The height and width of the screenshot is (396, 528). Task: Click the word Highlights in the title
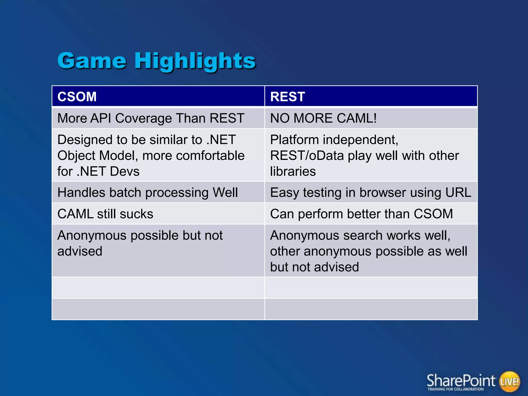click(x=195, y=61)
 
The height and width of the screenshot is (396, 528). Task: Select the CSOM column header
click(x=77, y=97)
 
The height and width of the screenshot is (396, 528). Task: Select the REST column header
click(x=287, y=97)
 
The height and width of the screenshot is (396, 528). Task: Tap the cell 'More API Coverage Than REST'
click(x=151, y=118)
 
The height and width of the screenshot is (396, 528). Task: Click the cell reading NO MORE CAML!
click(x=323, y=118)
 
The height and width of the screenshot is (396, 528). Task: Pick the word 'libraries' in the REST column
click(x=293, y=171)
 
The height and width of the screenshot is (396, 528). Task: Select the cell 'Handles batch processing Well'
click(x=147, y=193)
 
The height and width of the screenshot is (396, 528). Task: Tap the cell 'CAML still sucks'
click(x=105, y=214)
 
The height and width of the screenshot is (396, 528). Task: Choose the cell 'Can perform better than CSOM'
click(x=361, y=214)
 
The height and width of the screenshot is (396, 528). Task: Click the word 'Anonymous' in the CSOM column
click(x=92, y=236)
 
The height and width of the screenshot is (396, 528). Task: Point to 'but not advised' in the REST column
click(x=314, y=267)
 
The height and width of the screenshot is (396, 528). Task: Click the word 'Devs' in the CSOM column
click(x=125, y=171)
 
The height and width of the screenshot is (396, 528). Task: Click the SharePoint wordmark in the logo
click(x=461, y=381)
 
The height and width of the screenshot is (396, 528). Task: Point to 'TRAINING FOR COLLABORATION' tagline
click(x=455, y=389)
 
